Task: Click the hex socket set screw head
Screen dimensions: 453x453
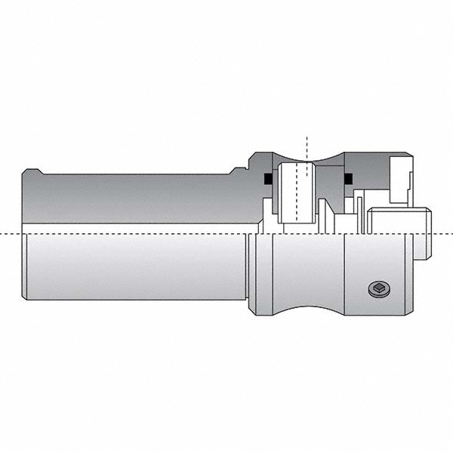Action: pyautogui.click(x=379, y=288)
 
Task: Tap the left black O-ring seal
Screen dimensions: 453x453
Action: pyautogui.click(x=267, y=179)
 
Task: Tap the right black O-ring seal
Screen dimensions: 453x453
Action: pyautogui.click(x=348, y=179)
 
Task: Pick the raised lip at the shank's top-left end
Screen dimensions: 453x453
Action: pyautogui.click(x=31, y=171)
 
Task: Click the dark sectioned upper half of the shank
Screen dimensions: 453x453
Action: pyautogui.click(x=136, y=198)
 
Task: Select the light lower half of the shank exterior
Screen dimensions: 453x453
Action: pyautogui.click(x=136, y=268)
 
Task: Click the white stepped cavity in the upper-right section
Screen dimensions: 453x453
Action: pyautogui.click(x=400, y=181)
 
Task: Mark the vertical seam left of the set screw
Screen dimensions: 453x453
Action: pyautogui.click(x=345, y=276)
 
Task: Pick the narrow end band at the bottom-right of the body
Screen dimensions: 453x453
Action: pyautogui.click(x=408, y=276)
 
